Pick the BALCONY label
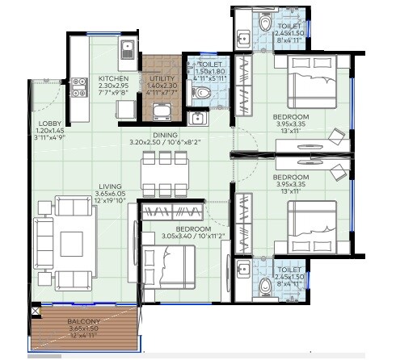point(84,322)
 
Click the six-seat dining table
point(160,171)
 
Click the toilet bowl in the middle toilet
point(203,94)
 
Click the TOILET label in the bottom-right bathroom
point(289,270)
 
